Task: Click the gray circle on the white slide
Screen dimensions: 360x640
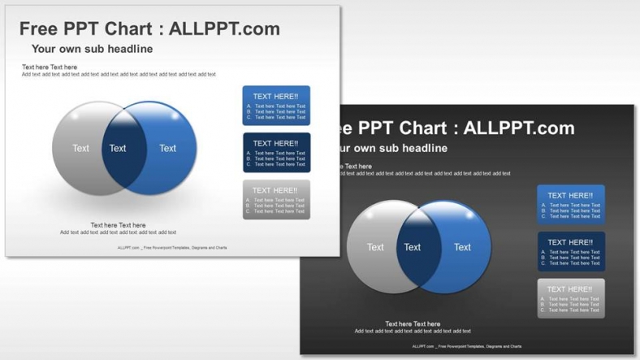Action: point(77,149)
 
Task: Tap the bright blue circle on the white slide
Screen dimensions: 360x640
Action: point(171,149)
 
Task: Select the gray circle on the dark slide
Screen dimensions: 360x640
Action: point(372,247)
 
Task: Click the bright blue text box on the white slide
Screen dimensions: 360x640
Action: point(276,106)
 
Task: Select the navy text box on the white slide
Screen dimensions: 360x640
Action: point(276,153)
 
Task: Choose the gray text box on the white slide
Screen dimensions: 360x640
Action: point(276,200)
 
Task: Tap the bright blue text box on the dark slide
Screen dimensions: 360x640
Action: point(570,205)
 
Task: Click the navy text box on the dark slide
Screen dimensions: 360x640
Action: point(570,252)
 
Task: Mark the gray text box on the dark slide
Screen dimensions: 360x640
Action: point(570,298)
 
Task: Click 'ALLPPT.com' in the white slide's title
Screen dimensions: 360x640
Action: point(224,28)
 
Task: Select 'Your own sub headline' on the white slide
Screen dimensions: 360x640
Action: point(92,49)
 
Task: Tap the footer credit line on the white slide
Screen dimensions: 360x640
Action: point(172,248)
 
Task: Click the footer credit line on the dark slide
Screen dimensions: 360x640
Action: point(466,346)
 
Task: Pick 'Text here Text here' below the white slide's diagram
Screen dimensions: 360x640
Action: point(118,225)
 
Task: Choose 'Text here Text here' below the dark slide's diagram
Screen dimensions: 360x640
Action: point(413,324)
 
